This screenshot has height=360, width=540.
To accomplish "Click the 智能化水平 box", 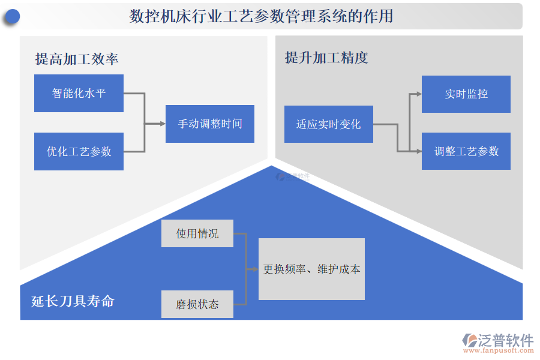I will click(x=79, y=93).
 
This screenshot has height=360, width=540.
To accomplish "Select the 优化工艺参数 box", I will click(x=79, y=151).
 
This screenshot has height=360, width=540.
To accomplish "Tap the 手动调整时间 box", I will click(x=210, y=124).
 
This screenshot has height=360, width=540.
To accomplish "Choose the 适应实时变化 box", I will click(x=328, y=124).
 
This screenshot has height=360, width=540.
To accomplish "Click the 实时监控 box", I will click(x=466, y=94).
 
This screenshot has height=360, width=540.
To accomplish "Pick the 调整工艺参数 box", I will click(x=466, y=151).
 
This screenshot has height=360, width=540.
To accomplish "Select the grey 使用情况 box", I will click(x=197, y=233).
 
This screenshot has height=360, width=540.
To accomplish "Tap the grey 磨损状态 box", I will click(x=197, y=304).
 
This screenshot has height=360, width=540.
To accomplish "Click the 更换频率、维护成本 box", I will click(x=311, y=269).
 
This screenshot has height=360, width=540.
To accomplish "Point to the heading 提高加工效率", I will click(x=77, y=58).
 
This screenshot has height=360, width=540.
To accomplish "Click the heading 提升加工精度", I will click(x=326, y=58).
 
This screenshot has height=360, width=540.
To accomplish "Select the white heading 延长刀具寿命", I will click(x=73, y=301).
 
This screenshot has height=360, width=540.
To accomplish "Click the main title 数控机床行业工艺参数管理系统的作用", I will click(x=262, y=16).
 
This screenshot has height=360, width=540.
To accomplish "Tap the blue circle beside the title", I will click(x=11, y=17).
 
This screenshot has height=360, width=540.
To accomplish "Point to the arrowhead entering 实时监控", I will click(x=418, y=94).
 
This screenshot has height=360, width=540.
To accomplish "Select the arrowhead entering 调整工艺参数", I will click(x=418, y=151).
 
